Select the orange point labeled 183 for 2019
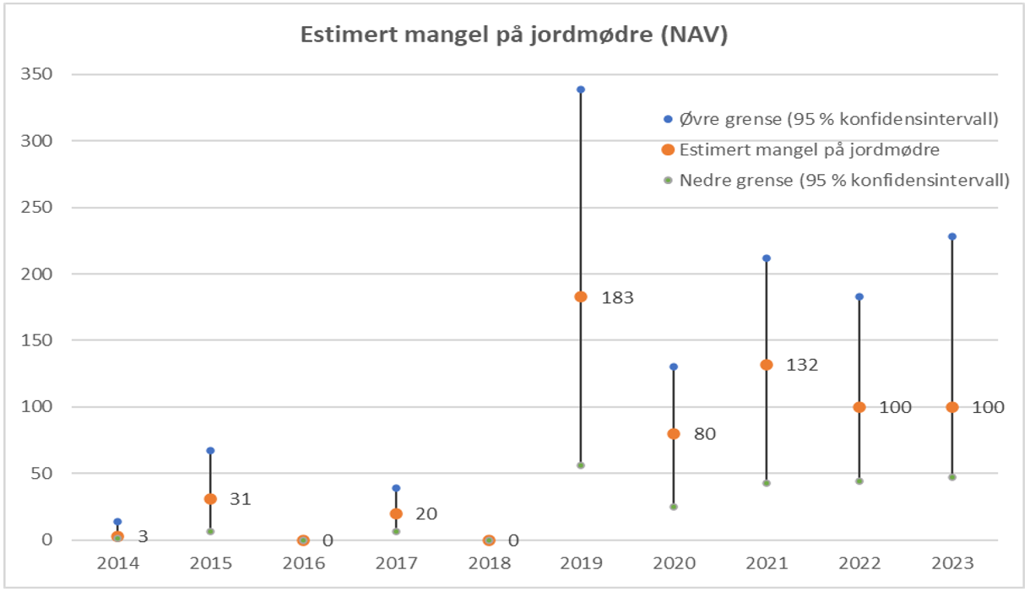click(x=581, y=296)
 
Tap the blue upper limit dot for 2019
click(x=581, y=90)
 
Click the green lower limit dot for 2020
click(x=674, y=507)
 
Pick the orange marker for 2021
click(x=767, y=365)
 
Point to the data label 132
click(x=802, y=366)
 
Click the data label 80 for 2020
click(x=704, y=435)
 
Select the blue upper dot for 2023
click(x=952, y=236)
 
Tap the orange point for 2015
click(x=210, y=499)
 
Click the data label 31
click(x=241, y=499)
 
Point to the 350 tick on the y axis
click(x=39, y=74)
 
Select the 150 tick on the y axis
click(x=39, y=340)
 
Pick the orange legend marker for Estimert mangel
click(x=668, y=149)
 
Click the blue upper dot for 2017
click(x=396, y=488)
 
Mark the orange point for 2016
click(x=303, y=540)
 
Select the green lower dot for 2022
click(x=859, y=481)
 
